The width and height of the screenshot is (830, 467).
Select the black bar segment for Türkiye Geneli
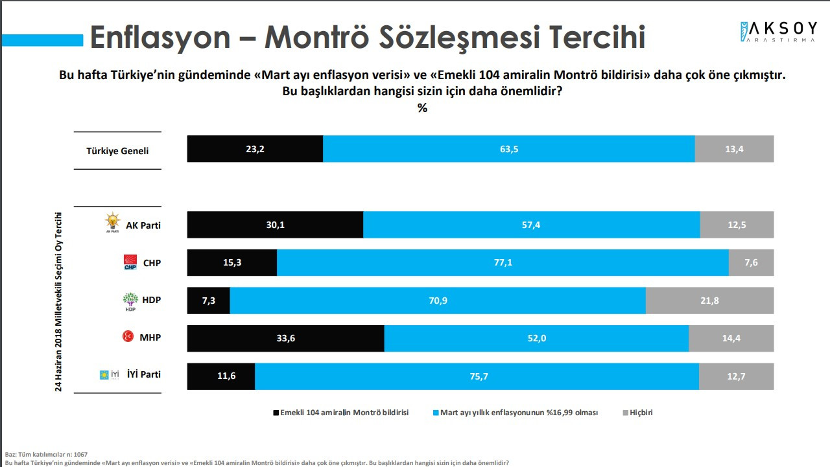[255, 149]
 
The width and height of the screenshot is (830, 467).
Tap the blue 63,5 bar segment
[509, 149]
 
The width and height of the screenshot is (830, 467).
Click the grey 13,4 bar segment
[734, 149]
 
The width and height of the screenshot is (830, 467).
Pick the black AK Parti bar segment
[275, 225]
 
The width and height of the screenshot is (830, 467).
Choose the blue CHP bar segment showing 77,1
[503, 263]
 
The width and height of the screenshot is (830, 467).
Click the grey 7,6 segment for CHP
[751, 263]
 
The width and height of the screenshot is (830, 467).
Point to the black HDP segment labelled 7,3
[208, 301]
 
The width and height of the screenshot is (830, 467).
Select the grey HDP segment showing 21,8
[709, 301]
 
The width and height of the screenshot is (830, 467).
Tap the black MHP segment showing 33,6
[285, 338]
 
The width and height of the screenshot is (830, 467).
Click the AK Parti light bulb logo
[113, 222]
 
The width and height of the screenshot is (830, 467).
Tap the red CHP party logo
[131, 262]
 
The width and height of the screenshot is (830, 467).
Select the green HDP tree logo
[130, 301]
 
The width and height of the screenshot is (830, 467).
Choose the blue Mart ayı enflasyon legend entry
[515, 413]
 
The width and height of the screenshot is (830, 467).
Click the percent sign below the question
[422, 108]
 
